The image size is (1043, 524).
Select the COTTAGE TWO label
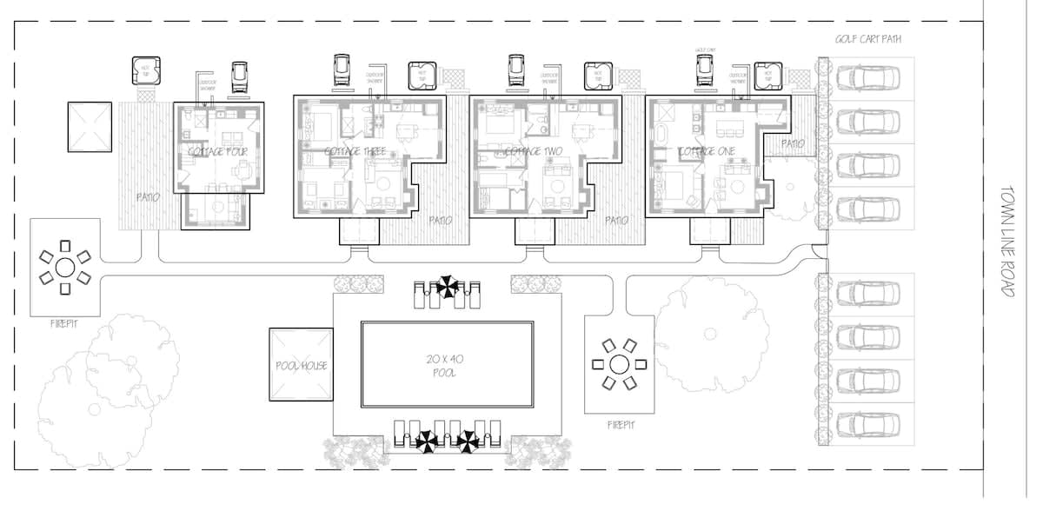pyautogui.click(x=530, y=151)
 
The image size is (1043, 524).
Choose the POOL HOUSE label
pyautogui.click(x=301, y=366)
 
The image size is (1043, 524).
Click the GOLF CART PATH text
pyautogui.click(x=867, y=40)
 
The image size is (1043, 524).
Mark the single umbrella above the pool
pyautogui.click(x=448, y=285)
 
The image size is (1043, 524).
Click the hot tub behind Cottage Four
pyautogui.click(x=143, y=70)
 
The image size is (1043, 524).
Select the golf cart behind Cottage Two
pyautogui.click(x=516, y=71)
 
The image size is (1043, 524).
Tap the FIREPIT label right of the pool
pyautogui.click(x=620, y=425)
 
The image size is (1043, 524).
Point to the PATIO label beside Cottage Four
pyautogui.click(x=147, y=197)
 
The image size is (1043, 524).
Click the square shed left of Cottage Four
pyautogui.click(x=90, y=127)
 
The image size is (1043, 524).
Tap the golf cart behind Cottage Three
pyautogui.click(x=342, y=71)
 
